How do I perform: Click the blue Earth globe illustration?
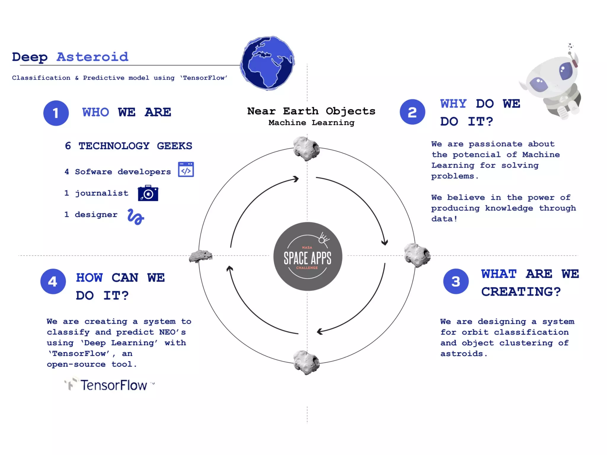tap(267, 63)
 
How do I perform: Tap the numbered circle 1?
tap(56, 113)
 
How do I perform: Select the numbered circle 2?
tap(412, 112)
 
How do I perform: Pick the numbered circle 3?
tap(456, 281)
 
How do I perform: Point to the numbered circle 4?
tap(53, 281)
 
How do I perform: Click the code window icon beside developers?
tap(186, 169)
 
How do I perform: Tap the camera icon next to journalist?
tap(148, 193)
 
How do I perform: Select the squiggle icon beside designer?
tap(135, 217)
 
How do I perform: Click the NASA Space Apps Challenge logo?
tap(308, 257)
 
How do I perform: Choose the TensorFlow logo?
tap(109, 384)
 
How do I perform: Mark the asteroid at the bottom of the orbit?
tap(306, 362)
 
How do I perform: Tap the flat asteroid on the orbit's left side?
tap(201, 256)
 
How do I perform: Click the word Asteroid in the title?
tap(92, 57)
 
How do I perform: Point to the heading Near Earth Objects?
tap(311, 111)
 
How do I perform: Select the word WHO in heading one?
tap(95, 112)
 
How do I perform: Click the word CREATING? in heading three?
tap(521, 292)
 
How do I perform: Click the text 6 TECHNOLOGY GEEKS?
tap(128, 146)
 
